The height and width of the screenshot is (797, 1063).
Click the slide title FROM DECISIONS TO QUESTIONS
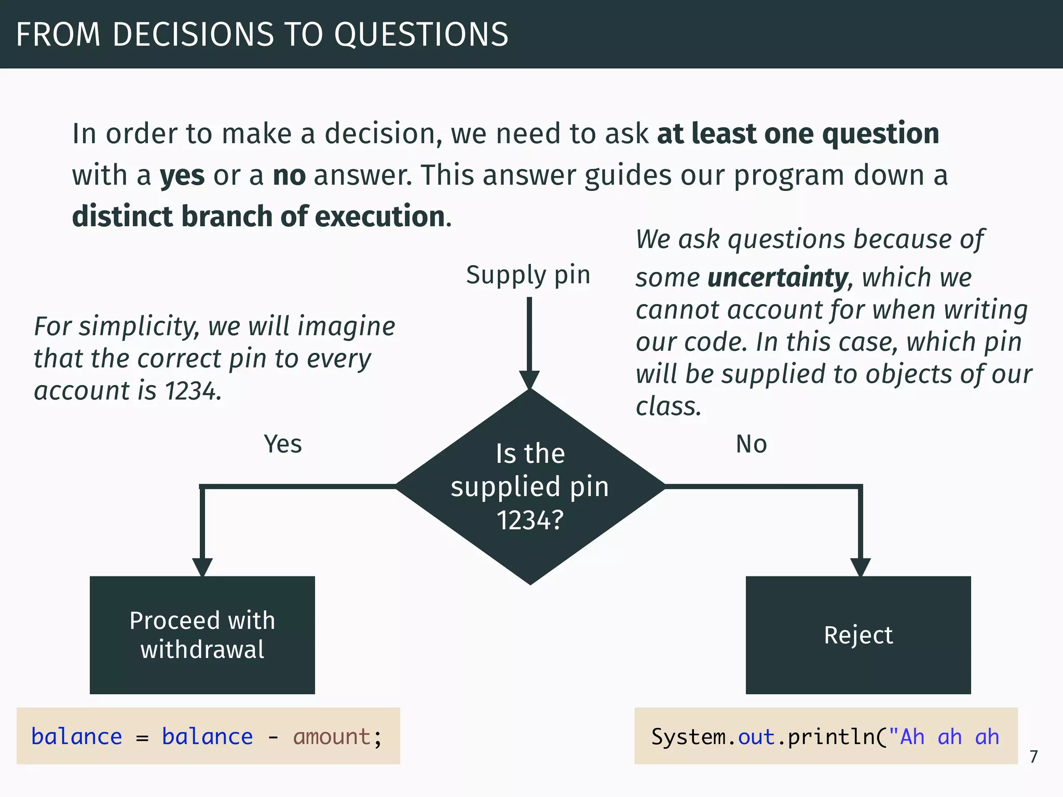(262, 34)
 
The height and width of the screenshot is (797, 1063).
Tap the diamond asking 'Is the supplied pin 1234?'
(530, 487)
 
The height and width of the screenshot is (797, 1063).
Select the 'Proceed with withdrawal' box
(202, 635)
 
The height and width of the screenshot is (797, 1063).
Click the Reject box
(858, 635)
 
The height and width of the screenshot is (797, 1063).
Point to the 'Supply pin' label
(528, 275)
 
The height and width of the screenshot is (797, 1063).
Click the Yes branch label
(283, 444)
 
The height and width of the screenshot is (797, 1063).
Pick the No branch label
(751, 444)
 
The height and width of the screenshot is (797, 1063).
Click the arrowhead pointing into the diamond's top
(529, 379)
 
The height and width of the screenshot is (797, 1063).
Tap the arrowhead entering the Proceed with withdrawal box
(202, 567)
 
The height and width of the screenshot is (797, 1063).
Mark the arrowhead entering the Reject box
(860, 567)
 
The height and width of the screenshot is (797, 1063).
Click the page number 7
(1033, 757)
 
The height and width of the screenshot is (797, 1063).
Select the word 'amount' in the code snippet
(332, 737)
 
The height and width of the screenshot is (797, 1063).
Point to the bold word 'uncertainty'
(778, 278)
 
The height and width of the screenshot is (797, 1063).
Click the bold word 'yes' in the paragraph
(182, 175)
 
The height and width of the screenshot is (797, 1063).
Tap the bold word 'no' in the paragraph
(289, 175)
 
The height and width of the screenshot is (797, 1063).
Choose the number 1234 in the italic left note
(190, 391)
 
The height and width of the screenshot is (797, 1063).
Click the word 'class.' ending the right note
(669, 406)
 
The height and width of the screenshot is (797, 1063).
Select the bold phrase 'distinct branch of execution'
(258, 216)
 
